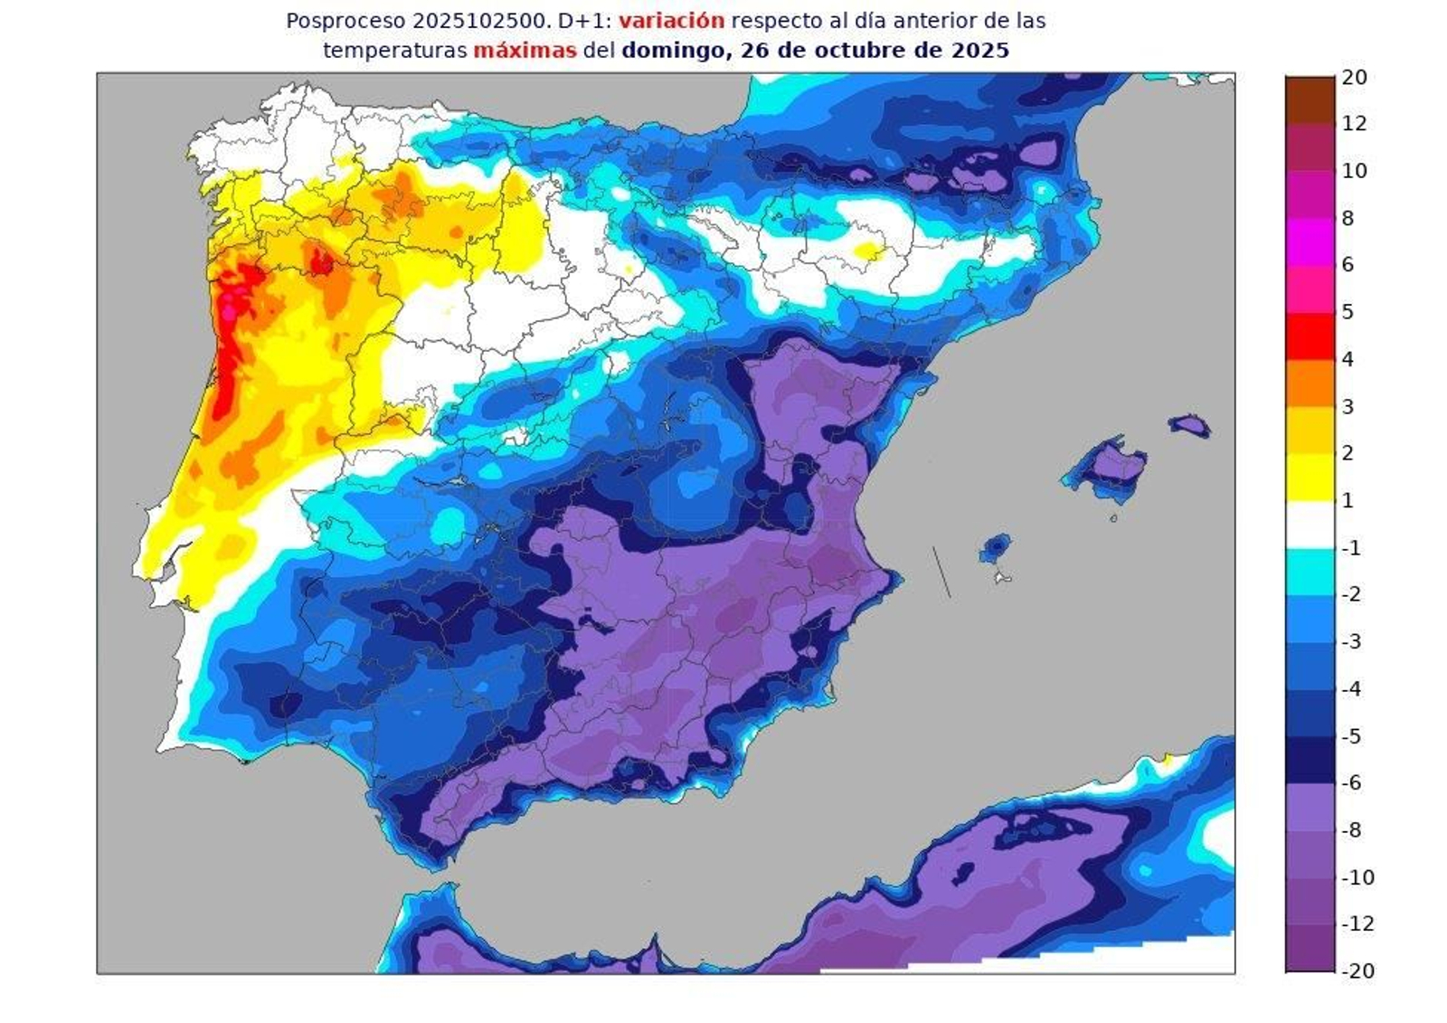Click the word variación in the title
coord(671,20)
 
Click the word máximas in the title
coord(525,51)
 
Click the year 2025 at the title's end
coord(979,51)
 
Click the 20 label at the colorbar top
coord(1354,78)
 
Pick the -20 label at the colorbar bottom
coord(1357,971)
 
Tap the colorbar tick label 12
coord(1354,124)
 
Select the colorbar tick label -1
coord(1350,548)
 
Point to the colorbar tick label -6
coord(1350,783)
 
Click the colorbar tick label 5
coord(1348,312)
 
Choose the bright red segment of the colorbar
coord(1310,336)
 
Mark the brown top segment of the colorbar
coord(1310,99)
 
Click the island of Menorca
coord(1189,425)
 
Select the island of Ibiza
coord(995,548)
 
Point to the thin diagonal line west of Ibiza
coord(941,572)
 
